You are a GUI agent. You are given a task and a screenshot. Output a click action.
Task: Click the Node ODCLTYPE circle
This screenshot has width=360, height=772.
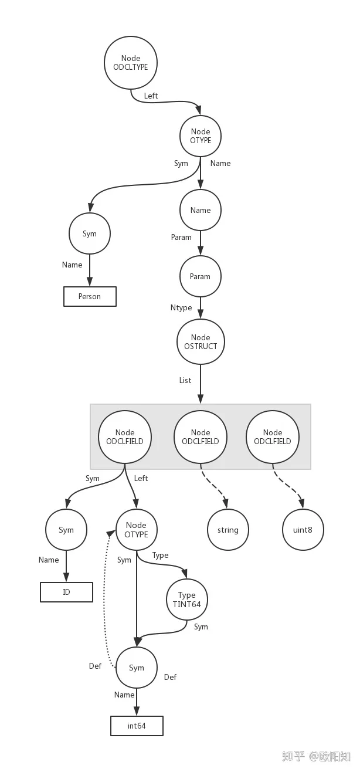coord(131,63)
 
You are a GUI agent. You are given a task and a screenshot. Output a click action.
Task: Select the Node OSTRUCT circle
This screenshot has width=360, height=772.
coord(201,341)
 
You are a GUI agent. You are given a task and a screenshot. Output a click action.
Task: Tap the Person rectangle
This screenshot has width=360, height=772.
coord(90,296)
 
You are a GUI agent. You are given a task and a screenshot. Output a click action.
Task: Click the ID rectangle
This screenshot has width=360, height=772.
coord(66,592)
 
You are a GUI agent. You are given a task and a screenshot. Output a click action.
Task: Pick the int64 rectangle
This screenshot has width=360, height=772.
coord(137,726)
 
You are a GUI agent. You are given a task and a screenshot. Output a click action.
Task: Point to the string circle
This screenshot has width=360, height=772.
coord(227,530)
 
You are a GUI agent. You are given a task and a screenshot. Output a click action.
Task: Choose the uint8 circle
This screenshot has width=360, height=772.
coord(303,530)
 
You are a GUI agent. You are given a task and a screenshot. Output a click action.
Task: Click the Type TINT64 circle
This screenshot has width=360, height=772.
coord(186,600)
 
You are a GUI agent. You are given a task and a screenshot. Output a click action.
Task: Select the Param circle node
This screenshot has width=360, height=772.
coord(200,276)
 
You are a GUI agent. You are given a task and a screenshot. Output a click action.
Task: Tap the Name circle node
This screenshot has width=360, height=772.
coord(200,210)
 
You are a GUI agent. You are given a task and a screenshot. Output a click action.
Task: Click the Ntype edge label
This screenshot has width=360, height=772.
coord(181,308)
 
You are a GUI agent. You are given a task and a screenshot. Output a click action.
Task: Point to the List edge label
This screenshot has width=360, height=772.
coord(185,380)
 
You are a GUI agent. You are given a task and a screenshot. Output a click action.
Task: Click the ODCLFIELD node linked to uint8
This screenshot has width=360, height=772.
coord(273,436)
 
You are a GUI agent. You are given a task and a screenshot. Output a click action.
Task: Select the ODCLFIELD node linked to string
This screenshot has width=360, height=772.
coord(201,436)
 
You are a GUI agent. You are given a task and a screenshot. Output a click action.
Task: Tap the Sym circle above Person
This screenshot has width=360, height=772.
coord(90,233)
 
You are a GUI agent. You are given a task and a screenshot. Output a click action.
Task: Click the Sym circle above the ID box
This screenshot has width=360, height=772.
coord(66,530)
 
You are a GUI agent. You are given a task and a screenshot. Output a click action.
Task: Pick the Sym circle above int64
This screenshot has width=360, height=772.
coord(137,668)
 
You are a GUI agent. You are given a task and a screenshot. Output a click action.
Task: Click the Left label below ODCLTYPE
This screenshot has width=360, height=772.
coord(151,96)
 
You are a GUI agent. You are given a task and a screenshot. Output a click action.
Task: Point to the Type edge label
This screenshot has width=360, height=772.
coord(161,555)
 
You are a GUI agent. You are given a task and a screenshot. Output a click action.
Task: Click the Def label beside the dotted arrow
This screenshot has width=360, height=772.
coord(95,666)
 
